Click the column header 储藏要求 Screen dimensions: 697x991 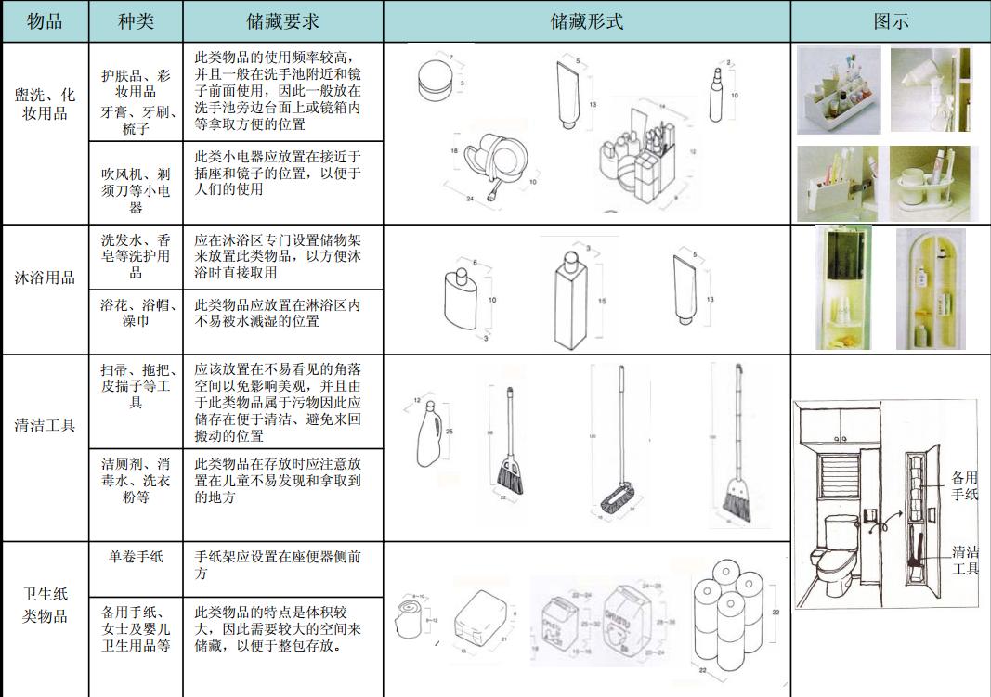coord(282,20)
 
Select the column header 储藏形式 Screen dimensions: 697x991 coord(586,20)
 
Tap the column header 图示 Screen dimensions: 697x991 coord(890,20)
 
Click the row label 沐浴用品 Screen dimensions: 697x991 coord(45,278)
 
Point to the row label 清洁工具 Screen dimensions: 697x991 coord(45,426)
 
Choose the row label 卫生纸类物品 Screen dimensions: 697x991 coord(45,604)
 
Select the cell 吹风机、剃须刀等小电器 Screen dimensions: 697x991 coord(136,182)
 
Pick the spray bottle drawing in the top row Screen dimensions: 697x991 coord(716,93)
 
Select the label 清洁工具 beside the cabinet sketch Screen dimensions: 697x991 coord(965,559)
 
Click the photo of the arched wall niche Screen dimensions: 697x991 coord(931,290)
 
